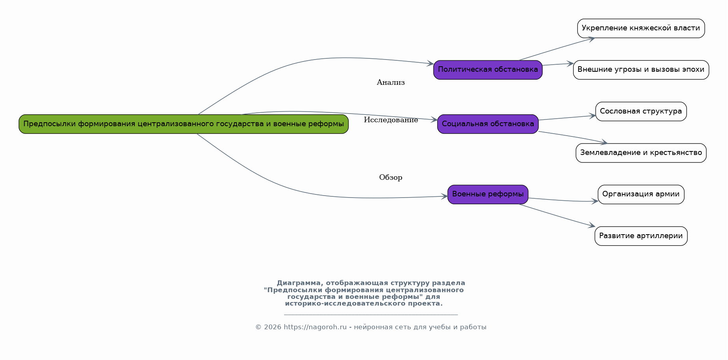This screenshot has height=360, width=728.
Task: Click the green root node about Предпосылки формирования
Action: pyautogui.click(x=184, y=124)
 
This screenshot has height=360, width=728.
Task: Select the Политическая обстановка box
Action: pyautogui.click(x=488, y=70)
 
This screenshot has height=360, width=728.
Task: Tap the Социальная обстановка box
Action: pyautogui.click(x=488, y=124)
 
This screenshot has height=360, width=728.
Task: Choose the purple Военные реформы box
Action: pyautogui.click(x=488, y=194)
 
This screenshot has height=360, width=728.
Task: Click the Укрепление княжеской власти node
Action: pyautogui.click(x=641, y=28)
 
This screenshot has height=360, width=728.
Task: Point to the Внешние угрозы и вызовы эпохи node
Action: pyautogui.click(x=641, y=70)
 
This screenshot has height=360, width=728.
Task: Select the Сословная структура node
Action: pyautogui.click(x=641, y=111)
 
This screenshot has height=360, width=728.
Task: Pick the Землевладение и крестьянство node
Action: pyautogui.click(x=641, y=153)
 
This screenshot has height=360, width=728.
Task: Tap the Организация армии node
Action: pyautogui.click(x=641, y=194)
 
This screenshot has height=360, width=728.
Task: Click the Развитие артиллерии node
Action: pyautogui.click(x=641, y=236)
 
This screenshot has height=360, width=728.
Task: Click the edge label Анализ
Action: pyautogui.click(x=391, y=82)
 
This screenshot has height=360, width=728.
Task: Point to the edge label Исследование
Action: pyautogui.click(x=391, y=120)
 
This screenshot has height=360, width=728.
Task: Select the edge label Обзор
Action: pyautogui.click(x=391, y=177)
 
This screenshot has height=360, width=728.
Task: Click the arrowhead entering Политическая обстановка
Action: pyautogui.click(x=430, y=63)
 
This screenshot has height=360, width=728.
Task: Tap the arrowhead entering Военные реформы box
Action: pyautogui.click(x=444, y=196)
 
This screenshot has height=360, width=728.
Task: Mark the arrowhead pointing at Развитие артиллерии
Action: pyautogui.click(x=592, y=226)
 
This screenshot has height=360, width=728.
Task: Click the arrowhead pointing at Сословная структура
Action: pyautogui.click(x=592, y=116)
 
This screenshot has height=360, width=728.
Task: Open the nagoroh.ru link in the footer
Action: pyautogui.click(x=315, y=327)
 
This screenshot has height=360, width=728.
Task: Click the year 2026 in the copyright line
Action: pyautogui.click(x=273, y=327)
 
